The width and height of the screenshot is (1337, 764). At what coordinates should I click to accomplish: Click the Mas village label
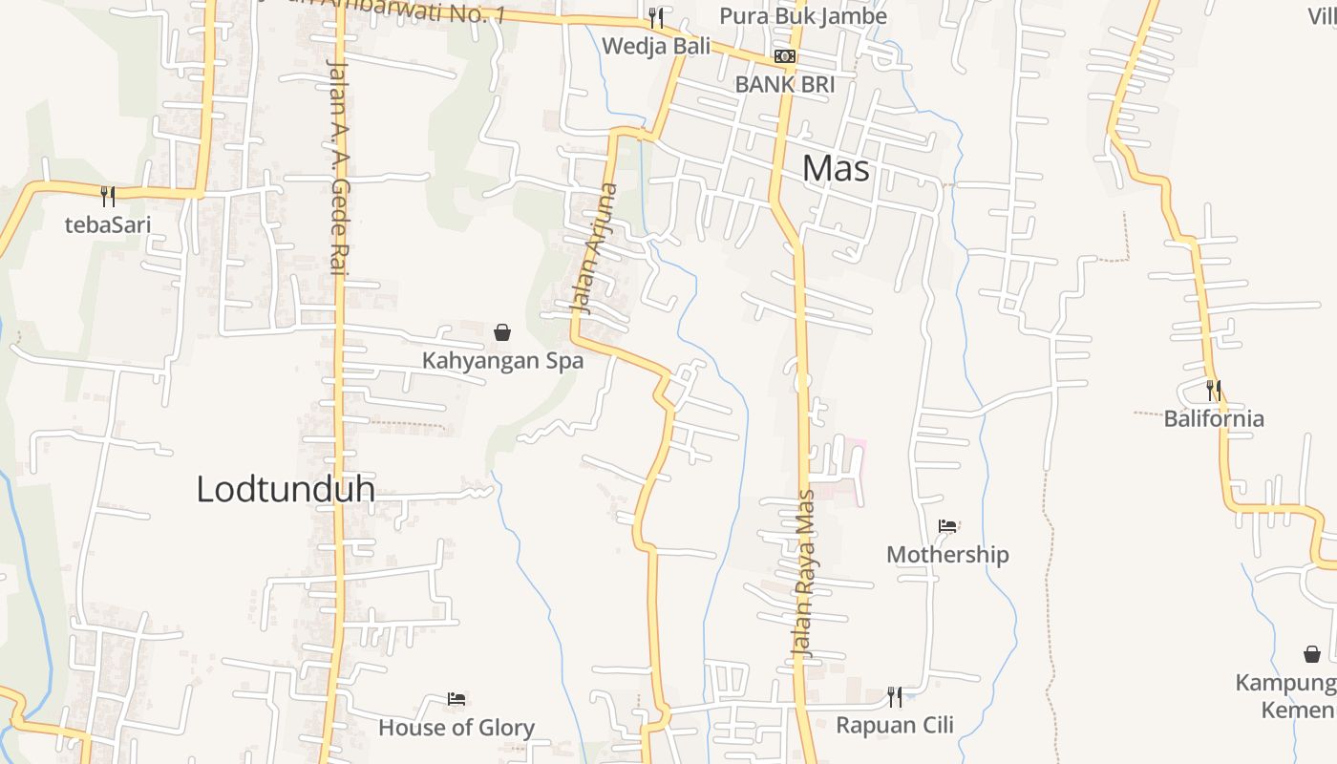point(836,169)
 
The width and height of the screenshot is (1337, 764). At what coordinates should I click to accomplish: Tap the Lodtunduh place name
point(285,489)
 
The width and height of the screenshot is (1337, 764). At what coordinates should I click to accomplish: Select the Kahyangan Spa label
point(502,361)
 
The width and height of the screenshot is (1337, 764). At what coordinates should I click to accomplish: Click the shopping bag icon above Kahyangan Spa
point(502,332)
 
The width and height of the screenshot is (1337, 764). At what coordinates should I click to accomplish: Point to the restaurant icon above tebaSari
point(108,197)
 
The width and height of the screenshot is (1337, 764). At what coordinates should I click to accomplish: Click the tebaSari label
point(108,225)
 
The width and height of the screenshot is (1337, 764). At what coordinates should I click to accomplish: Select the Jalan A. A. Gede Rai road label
point(337,168)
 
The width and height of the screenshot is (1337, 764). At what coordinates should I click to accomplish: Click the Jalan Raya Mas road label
point(803,572)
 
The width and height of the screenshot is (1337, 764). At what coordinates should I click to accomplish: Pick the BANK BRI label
point(784,84)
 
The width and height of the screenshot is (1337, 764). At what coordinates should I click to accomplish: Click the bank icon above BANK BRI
point(785,56)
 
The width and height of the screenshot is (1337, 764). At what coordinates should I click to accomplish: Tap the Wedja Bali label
point(656,45)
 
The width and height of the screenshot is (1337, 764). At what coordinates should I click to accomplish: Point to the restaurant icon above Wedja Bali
point(656,18)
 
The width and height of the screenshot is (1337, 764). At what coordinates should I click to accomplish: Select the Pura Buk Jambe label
point(802,16)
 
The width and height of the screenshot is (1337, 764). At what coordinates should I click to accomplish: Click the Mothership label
point(946,554)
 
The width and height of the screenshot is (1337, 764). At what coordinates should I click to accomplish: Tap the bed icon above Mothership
point(947,526)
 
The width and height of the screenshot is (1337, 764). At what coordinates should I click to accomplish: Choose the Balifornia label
point(1213,418)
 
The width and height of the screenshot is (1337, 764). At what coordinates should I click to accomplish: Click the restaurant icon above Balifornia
point(1213,391)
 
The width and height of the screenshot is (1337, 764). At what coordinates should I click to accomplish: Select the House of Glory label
point(456,728)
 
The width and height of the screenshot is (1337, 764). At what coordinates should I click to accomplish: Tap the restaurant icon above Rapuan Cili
point(895,697)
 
